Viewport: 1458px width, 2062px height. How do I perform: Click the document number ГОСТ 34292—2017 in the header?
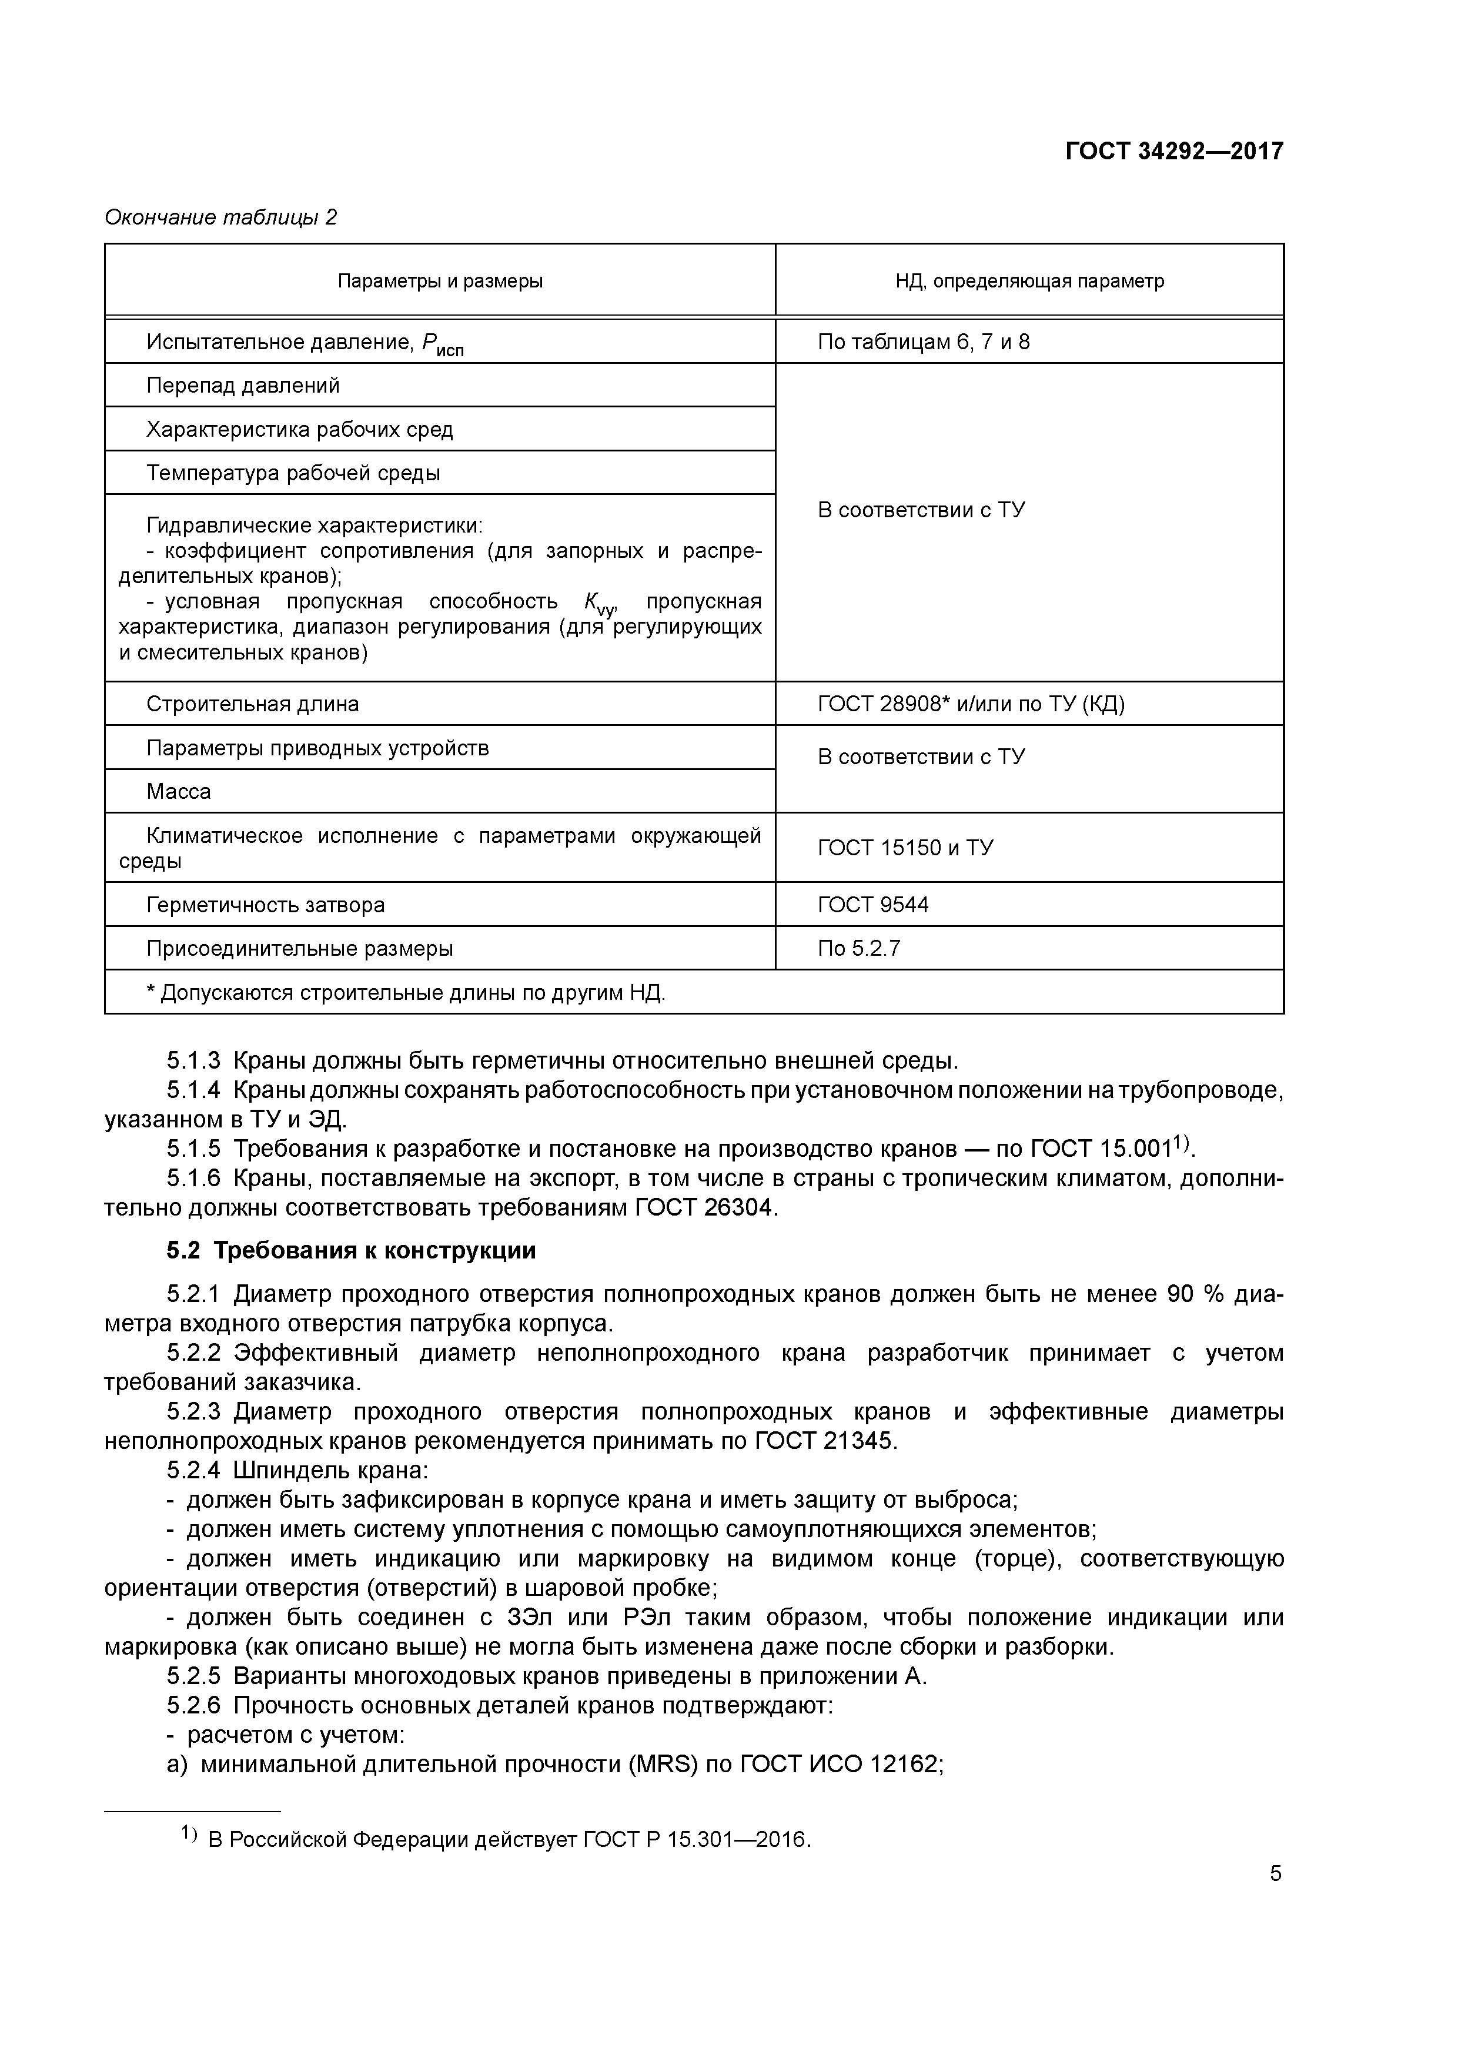click(x=1174, y=151)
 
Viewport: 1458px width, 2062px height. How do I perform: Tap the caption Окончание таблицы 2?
click(x=221, y=217)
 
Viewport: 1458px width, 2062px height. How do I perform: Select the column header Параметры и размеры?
click(x=440, y=281)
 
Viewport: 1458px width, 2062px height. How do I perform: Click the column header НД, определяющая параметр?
click(x=1029, y=281)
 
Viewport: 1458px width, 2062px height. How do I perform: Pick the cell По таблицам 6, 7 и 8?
click(x=924, y=342)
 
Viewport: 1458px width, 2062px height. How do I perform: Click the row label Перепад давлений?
click(x=243, y=386)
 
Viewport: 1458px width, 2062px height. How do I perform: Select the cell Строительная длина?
click(x=253, y=704)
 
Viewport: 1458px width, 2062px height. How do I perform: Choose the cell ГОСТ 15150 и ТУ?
click(x=905, y=848)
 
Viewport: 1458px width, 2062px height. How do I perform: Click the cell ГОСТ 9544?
click(x=873, y=905)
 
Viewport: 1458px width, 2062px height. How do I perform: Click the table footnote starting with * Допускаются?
click(x=406, y=993)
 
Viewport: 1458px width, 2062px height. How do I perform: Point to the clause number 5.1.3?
click(x=193, y=1062)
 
